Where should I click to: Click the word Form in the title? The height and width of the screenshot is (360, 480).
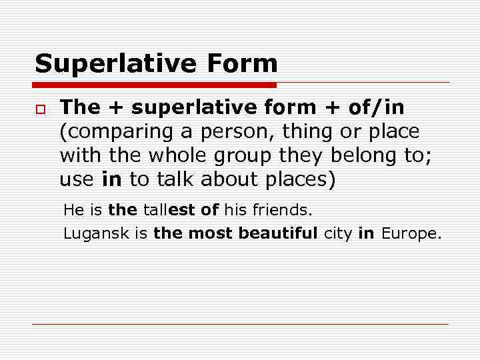(242, 64)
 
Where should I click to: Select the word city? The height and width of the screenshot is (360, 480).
(338, 234)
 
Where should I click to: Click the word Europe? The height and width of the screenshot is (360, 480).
(411, 234)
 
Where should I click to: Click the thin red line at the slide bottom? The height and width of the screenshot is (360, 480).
(240, 324)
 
